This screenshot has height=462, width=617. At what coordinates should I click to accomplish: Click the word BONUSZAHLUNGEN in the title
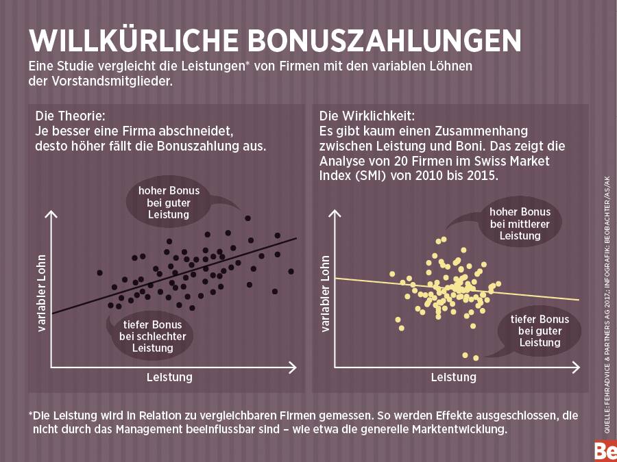click(384, 40)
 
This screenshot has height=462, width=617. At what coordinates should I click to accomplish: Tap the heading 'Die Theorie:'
click(70, 115)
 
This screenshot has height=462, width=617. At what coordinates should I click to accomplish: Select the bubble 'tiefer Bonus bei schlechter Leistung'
click(152, 335)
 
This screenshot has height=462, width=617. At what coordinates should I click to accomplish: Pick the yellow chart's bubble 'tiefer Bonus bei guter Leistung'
click(540, 331)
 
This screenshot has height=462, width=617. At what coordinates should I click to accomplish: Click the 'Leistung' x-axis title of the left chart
click(169, 378)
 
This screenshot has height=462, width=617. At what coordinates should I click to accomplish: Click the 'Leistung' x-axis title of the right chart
click(453, 378)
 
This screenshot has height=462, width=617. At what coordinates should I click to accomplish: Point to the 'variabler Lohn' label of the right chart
click(326, 294)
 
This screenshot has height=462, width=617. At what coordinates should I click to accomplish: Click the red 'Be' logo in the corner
click(605, 452)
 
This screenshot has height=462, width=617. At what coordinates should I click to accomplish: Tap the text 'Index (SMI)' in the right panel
click(351, 175)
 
